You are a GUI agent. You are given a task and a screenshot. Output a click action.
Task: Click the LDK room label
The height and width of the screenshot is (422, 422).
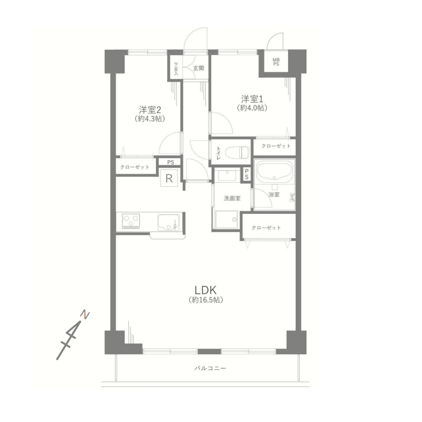pos(205,290)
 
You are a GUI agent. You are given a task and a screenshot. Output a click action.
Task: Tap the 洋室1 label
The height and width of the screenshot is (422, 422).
pos(252,99)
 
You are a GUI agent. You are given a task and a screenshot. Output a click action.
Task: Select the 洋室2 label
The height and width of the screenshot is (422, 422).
pos(150,110)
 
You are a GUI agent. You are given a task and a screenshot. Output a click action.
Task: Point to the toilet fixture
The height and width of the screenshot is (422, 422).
pos(237,153)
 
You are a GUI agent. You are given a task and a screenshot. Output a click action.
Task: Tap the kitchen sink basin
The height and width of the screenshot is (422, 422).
pos(168,222)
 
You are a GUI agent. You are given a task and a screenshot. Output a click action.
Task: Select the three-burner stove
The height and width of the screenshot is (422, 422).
pos(131,221)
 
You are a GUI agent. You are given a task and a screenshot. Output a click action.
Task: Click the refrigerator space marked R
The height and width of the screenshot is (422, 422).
pos(169,178)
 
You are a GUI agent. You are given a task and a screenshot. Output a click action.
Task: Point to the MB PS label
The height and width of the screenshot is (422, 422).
pos(276,62)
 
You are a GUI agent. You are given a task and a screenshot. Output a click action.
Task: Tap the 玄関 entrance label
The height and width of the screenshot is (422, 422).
pos(198,68)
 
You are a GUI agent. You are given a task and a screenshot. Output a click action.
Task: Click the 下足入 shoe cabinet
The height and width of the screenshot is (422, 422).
pos(176,68)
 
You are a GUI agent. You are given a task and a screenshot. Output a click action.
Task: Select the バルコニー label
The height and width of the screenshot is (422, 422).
pos(210,368)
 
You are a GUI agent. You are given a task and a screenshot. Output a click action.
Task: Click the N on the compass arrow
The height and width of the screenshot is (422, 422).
pos(85,314)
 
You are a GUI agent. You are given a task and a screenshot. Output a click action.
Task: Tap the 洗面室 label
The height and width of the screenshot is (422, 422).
pos(232,198)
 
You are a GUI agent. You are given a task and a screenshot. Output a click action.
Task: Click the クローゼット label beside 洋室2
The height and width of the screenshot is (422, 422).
pos(134,167)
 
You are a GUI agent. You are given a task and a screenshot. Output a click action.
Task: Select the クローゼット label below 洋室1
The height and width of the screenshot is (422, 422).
pos(276,146)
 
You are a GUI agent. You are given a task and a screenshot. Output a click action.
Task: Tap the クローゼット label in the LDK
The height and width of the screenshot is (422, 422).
pos(266,228)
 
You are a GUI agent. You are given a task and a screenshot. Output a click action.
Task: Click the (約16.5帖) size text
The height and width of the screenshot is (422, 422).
pos(206,300)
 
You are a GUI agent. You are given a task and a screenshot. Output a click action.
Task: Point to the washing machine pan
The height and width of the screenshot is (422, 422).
pos(226,220)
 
